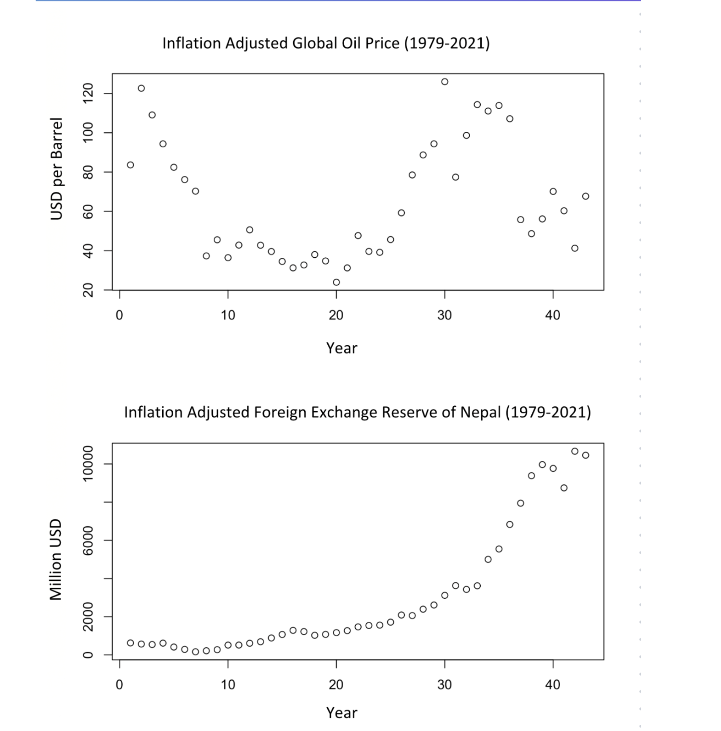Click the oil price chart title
pyautogui.click(x=326, y=43)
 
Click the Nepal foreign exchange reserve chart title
pyautogui.click(x=357, y=413)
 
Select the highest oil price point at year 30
pyautogui.click(x=445, y=82)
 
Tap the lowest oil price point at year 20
pyautogui.click(x=336, y=282)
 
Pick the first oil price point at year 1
pyautogui.click(x=130, y=165)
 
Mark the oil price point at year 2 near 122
pyautogui.click(x=141, y=88)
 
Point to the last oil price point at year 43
pyautogui.click(x=586, y=196)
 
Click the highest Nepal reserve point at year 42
pyautogui.click(x=575, y=451)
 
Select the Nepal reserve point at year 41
pyautogui.click(x=564, y=488)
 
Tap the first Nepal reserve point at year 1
pyautogui.click(x=130, y=643)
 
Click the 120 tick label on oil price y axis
pyautogui.click(x=88, y=93)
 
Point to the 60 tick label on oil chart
pyautogui.click(x=88, y=211)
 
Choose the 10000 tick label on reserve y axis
pyautogui.click(x=88, y=464)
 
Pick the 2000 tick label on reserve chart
pyautogui.click(x=88, y=617)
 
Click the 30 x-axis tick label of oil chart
pyautogui.click(x=445, y=315)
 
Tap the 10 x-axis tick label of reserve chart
pyautogui.click(x=228, y=684)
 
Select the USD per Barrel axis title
pyautogui.click(x=57, y=169)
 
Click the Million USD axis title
pyautogui.click(x=56, y=559)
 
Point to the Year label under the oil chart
pyautogui.click(x=342, y=348)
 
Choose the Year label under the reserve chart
pyautogui.click(x=342, y=712)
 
